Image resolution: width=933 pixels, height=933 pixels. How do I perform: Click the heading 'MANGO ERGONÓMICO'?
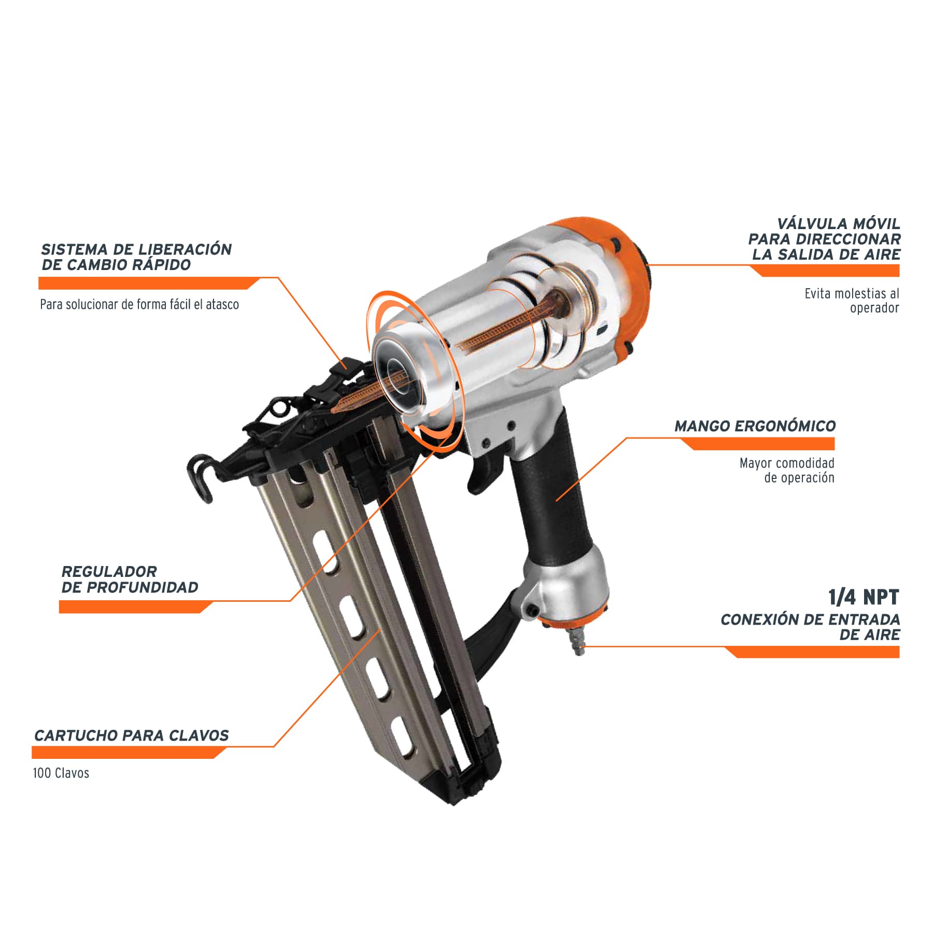755,426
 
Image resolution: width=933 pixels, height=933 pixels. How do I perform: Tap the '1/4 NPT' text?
864,597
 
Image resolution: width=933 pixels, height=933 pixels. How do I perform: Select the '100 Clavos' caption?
61,773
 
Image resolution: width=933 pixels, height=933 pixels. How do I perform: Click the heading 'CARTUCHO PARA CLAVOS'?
131,736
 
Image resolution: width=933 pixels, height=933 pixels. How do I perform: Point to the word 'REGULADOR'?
109,572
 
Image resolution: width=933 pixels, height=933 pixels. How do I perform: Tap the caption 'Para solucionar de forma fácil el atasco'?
139,304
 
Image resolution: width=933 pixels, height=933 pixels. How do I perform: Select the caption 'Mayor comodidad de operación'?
787,470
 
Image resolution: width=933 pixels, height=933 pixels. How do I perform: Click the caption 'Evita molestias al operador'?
852,301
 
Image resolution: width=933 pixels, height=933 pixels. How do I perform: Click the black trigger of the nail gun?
485,472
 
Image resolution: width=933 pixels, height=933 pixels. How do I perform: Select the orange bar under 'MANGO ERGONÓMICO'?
757,443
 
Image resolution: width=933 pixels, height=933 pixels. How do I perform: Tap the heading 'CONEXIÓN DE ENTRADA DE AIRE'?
810,627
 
